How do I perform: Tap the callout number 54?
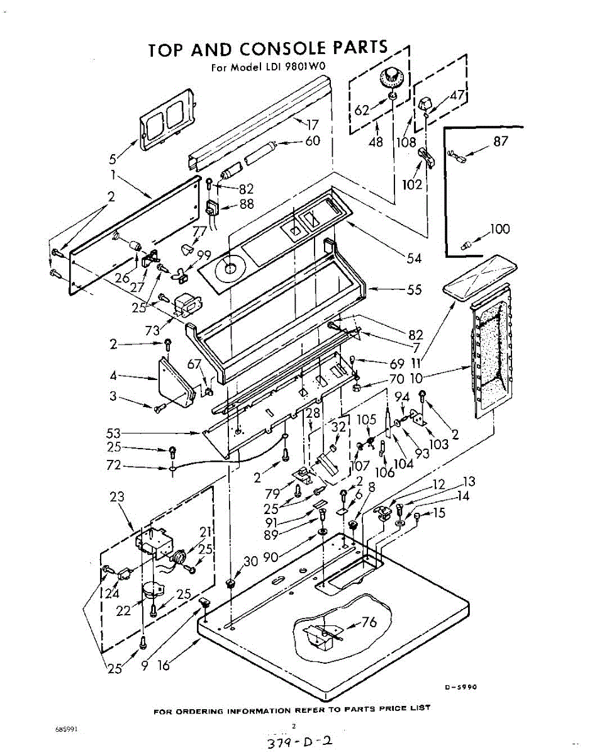(x=414, y=257)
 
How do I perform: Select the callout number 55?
(x=414, y=290)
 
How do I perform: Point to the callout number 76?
(x=369, y=623)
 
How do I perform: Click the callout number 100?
(x=500, y=229)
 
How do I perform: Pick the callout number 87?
(x=500, y=142)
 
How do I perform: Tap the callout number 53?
(x=113, y=433)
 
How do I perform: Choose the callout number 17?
(x=313, y=125)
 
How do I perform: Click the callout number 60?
(x=313, y=140)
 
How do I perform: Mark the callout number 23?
(x=117, y=497)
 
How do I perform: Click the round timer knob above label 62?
(x=391, y=81)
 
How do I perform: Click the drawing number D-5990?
(x=461, y=687)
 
